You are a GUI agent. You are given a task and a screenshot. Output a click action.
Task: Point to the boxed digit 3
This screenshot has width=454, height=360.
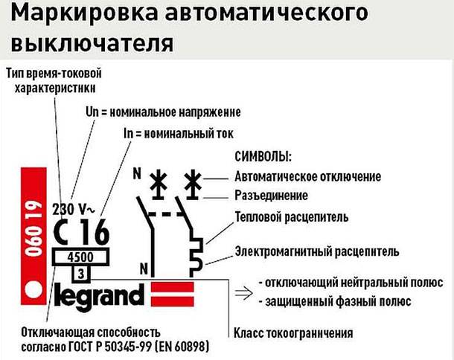point(80,273)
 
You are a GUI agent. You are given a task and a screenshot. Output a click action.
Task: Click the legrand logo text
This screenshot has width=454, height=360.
point(99,295)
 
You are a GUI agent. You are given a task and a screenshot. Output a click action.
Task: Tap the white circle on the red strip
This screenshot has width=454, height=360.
point(31,291)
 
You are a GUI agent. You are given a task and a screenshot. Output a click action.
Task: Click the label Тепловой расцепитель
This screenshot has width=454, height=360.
point(291,218)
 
